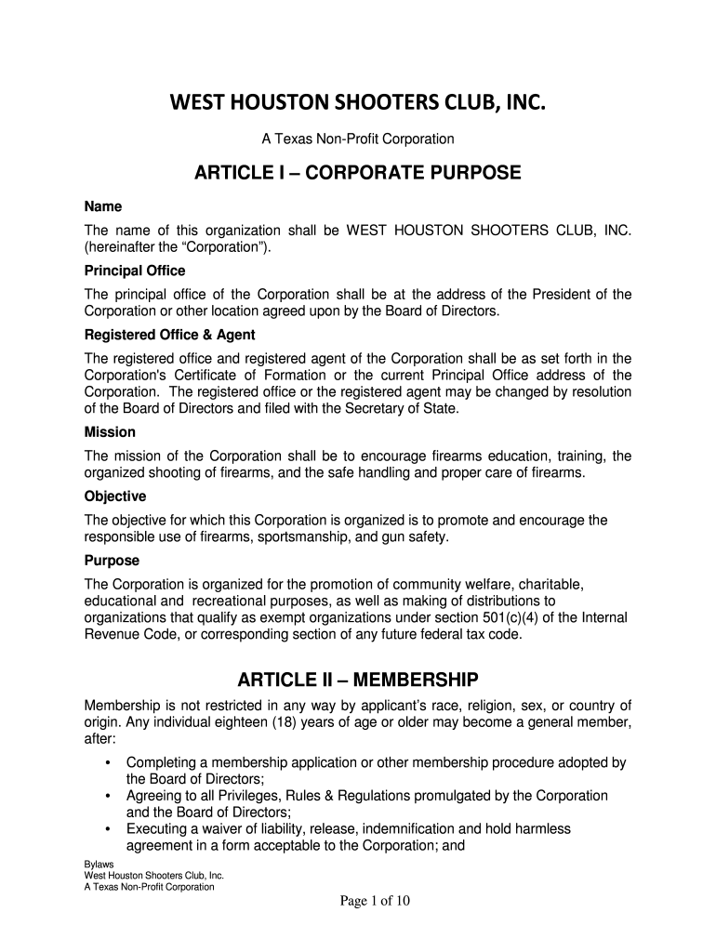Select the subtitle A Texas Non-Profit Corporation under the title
[x=358, y=139]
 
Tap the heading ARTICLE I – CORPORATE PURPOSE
[x=358, y=174]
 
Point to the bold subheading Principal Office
[x=135, y=271]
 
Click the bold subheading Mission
[x=110, y=432]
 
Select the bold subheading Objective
[x=115, y=496]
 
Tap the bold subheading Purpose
[x=112, y=561]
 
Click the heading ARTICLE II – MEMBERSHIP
[x=358, y=677]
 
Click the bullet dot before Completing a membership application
[x=110, y=763]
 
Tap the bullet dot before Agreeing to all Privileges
[x=110, y=797]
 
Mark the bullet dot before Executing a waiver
[x=110, y=829]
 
